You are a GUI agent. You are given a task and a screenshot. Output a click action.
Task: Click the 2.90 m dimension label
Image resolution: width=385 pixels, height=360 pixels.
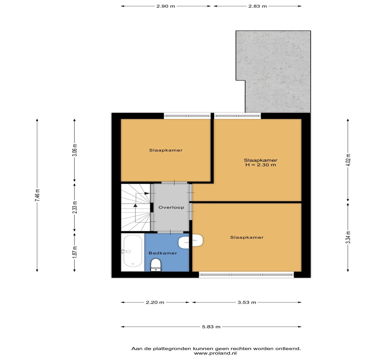pyautogui.click(x=166, y=6)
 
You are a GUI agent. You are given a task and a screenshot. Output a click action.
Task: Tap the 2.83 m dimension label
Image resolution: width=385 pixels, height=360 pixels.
pyautogui.click(x=257, y=6)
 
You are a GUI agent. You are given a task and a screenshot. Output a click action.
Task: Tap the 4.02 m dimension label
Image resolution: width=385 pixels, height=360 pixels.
pyautogui.click(x=348, y=160)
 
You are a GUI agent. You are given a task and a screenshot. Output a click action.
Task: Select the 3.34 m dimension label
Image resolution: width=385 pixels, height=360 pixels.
pyautogui.click(x=348, y=237)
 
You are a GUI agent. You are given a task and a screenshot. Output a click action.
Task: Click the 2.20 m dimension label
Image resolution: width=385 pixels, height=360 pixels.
pyautogui.click(x=155, y=303)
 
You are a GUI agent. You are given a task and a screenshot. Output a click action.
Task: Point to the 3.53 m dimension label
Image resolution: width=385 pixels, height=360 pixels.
pyautogui.click(x=247, y=303)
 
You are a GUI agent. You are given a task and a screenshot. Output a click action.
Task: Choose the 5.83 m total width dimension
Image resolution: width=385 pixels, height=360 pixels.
pyautogui.click(x=211, y=327)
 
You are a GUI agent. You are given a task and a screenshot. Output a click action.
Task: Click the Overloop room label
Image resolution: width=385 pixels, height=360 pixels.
pyautogui.click(x=171, y=207)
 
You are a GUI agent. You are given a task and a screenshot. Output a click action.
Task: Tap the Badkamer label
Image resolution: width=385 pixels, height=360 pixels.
pyautogui.click(x=163, y=253)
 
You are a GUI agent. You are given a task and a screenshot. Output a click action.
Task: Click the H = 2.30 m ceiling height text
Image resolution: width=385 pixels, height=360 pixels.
pyautogui.click(x=261, y=165)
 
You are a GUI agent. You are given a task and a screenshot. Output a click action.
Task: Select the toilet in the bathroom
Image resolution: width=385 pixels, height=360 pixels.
pyautogui.click(x=156, y=265)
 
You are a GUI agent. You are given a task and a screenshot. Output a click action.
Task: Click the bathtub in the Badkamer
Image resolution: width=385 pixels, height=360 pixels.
pyautogui.click(x=133, y=251)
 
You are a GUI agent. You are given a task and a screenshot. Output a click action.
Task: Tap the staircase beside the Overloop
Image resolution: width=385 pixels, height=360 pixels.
pyautogui.click(x=136, y=208)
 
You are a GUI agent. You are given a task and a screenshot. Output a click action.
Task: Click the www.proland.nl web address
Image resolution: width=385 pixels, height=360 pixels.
pyautogui.click(x=215, y=353)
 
